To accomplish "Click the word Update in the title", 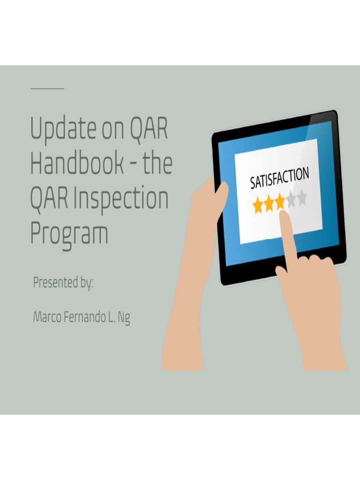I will [62, 129].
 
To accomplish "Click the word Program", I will [69, 233].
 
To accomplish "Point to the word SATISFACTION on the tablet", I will [279, 176].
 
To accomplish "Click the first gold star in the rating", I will [258, 205].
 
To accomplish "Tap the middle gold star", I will [269, 204].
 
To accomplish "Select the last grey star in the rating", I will [302, 197].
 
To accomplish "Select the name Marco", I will [46, 317].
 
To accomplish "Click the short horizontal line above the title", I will [47, 88].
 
